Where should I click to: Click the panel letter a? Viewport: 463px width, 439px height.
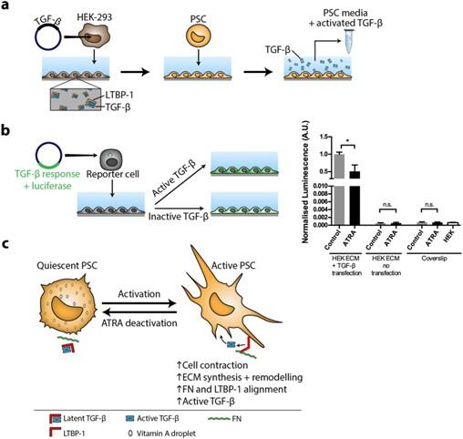tap(7, 7)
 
